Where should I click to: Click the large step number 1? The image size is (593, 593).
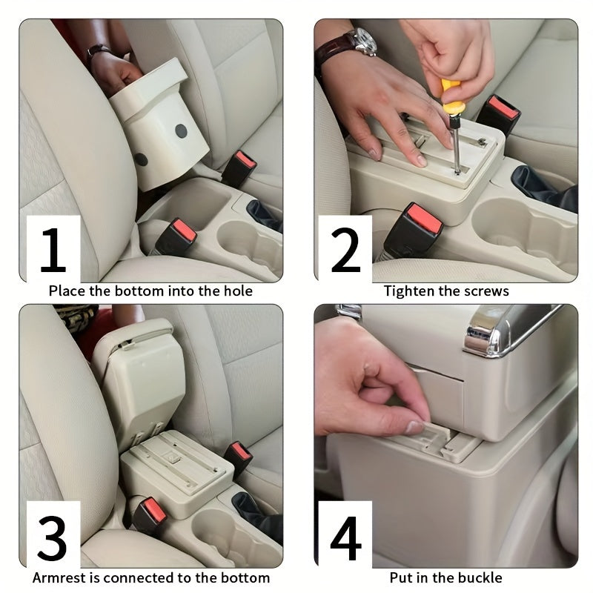click(53, 250)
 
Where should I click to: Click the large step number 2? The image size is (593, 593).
click(345, 250)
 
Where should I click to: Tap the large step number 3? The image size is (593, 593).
click(53, 539)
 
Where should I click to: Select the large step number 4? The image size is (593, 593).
click(345, 539)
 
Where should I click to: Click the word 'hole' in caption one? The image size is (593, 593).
click(235, 291)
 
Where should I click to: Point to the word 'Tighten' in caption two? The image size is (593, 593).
click(409, 291)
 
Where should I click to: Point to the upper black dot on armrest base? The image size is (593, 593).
click(181, 131)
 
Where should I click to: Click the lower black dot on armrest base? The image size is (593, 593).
click(141, 159)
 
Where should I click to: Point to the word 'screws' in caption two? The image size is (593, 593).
click(487, 291)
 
